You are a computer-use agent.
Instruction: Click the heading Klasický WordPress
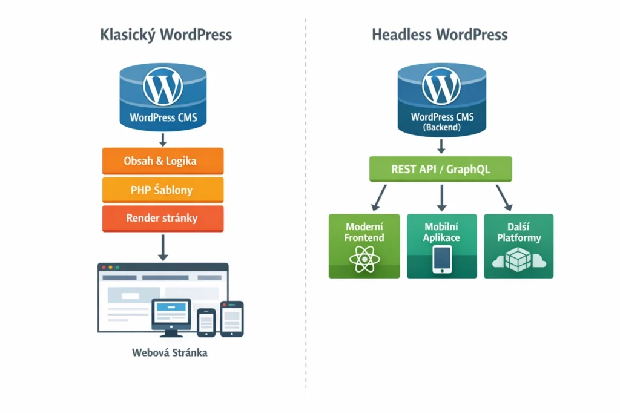click(x=165, y=35)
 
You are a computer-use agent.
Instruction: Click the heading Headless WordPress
click(x=440, y=35)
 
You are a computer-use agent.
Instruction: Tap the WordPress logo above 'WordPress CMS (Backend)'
click(x=441, y=87)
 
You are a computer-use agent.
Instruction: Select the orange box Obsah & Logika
click(x=163, y=161)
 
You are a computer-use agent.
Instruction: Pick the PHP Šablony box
click(x=163, y=190)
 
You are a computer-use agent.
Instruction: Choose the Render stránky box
click(x=163, y=218)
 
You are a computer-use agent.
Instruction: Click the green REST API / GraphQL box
click(x=441, y=169)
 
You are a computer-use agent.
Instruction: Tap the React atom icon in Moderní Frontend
click(x=364, y=259)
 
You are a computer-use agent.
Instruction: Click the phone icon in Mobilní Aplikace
click(x=441, y=259)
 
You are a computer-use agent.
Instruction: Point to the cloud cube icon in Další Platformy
click(x=518, y=259)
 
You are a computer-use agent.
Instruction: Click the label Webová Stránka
click(x=170, y=352)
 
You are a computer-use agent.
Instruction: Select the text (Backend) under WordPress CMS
click(x=442, y=128)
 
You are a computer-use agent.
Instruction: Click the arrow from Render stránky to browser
click(x=163, y=248)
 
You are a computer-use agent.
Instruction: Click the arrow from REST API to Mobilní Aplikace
click(x=441, y=197)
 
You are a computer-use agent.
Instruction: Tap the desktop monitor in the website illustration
click(x=171, y=314)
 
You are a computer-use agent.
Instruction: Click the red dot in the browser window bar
click(x=103, y=267)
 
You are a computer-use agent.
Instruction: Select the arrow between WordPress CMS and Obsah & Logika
click(x=163, y=139)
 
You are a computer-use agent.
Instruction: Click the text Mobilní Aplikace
click(x=441, y=232)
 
